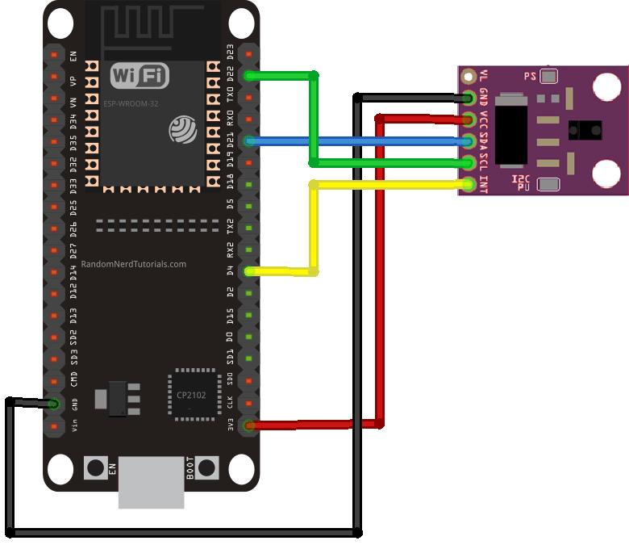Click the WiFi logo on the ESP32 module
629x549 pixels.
coord(140,77)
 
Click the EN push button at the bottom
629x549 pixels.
coord(96,467)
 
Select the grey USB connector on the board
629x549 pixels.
coord(151,483)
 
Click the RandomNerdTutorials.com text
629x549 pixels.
coord(133,264)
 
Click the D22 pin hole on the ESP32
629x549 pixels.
coord(250,76)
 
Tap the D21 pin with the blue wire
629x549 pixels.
coord(250,141)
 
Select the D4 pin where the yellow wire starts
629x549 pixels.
coord(249,271)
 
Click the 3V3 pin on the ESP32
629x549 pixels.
coord(249,425)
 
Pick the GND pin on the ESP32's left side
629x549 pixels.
coord(54,403)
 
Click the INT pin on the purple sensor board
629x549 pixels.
coord(469,184)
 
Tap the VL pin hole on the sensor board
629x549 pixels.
coord(469,77)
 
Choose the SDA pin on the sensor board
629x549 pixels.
coord(469,141)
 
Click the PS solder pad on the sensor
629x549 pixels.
coord(548,77)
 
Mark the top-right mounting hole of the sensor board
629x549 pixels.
coord(606,86)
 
